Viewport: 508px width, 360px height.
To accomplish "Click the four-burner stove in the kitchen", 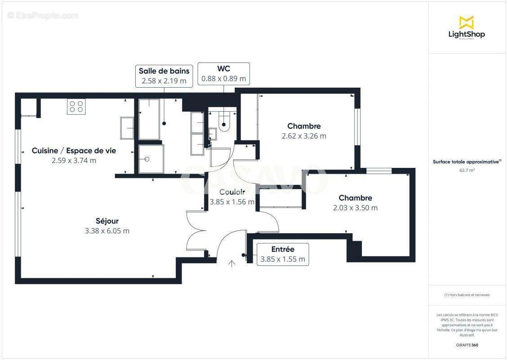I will pos(76,107).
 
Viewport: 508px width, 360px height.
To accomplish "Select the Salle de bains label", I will pos(164,71).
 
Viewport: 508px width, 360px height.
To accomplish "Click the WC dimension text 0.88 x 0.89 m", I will pos(223,78).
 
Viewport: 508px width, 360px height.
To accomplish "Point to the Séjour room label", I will pos(107,221).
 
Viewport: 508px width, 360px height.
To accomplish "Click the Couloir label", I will pos(232,192).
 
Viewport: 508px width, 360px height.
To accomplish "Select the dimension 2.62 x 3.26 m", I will pos(304,136).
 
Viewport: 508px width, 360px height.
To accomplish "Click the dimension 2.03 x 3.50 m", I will pos(355,208).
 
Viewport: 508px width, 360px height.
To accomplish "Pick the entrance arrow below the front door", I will pos(232,263).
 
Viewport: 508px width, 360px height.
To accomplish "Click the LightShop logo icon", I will pos(466,22).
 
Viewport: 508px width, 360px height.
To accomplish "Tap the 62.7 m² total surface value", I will pos(467,170).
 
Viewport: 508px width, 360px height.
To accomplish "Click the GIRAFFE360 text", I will pos(467,345).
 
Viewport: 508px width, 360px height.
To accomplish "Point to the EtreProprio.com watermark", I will pos(43,16).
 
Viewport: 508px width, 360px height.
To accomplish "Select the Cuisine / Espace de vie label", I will pos(74,151).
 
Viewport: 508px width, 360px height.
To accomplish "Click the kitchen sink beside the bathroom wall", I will pos(127,128).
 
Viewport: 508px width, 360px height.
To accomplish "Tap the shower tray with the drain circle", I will pos(151,159).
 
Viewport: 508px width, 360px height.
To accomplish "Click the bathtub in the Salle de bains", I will pos(149,119).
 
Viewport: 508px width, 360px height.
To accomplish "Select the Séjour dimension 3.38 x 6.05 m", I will pos(107,231).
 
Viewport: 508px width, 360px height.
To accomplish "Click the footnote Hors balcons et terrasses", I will pos(467,295).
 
